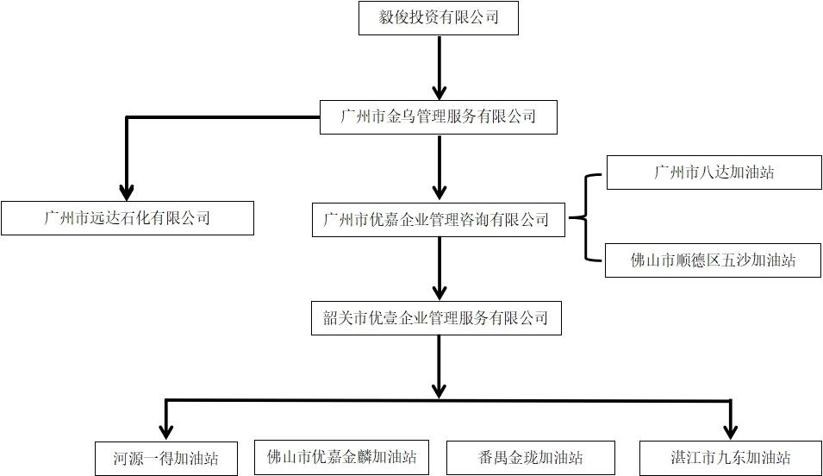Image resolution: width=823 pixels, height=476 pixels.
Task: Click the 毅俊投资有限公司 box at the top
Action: click(438, 18)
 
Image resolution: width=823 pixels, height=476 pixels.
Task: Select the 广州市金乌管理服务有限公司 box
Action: click(438, 116)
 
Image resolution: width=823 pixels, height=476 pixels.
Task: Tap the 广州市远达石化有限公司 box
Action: click(128, 218)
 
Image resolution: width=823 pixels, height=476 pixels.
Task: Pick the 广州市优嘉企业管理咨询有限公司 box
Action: click(438, 220)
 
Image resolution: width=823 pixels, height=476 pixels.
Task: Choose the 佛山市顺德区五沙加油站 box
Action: click(714, 260)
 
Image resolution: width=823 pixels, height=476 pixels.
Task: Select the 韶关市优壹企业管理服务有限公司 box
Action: click(438, 318)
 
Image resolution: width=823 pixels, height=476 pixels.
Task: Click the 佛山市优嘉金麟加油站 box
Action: click(342, 456)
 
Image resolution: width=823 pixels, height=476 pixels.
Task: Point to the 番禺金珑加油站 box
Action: click(531, 458)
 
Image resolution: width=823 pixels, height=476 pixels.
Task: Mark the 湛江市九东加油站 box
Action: click(731, 458)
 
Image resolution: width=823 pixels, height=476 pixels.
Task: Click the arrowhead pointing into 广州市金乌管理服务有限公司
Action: click(440, 91)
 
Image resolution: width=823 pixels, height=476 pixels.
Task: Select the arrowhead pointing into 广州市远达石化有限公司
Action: click(128, 191)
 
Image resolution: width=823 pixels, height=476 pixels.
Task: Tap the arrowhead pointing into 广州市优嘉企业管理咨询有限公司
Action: click(440, 191)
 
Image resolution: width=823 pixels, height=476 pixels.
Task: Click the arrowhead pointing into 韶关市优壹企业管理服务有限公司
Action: click(440, 291)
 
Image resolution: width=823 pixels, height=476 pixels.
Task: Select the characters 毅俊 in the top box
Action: click(393, 17)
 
